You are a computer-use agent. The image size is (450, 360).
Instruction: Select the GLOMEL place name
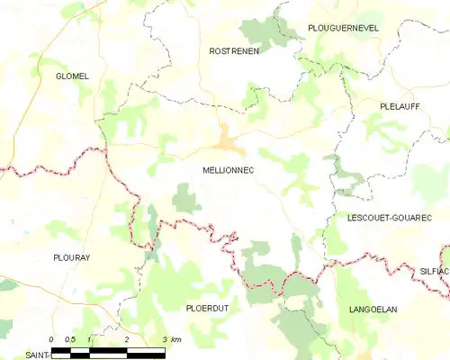point(72,76)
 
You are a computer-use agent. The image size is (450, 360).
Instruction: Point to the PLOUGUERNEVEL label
point(343,28)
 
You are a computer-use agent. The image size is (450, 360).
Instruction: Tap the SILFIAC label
point(434,270)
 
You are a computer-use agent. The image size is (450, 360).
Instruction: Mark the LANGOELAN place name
point(373,309)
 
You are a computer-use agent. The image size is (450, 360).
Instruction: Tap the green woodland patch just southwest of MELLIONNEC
point(185,198)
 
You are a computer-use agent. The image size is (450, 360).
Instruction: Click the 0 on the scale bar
point(52,339)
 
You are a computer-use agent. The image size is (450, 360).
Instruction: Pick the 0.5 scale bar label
point(70,339)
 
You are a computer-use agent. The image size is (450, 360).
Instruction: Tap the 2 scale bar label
point(126,339)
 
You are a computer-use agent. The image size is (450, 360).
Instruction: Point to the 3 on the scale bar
point(164,339)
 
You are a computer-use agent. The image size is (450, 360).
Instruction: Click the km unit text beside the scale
point(176,339)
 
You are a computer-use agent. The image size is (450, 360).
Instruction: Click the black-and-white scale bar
point(108,350)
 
